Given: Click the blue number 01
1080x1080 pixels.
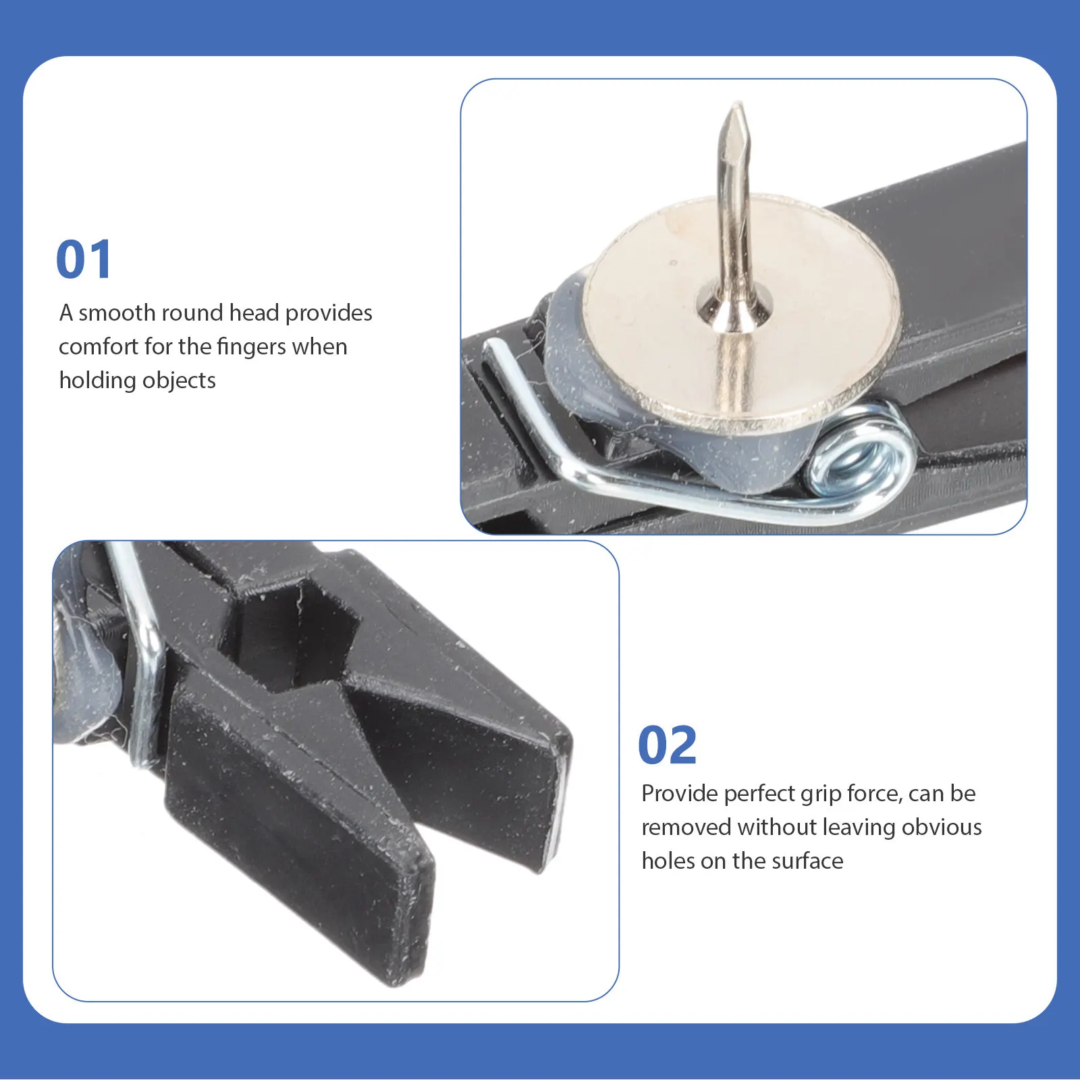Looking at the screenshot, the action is (x=84, y=260).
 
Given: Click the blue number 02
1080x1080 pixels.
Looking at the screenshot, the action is (x=668, y=745).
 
